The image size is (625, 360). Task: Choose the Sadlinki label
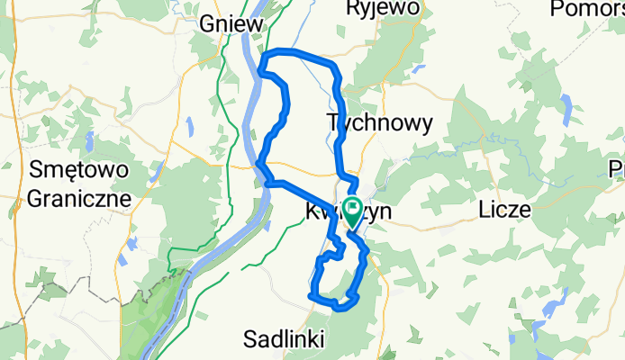(x=287, y=339)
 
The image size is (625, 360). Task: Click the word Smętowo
(x=80, y=169)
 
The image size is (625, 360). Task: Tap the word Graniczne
(x=80, y=197)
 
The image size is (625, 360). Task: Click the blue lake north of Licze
(x=566, y=109)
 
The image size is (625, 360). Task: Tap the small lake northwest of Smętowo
(x=90, y=142)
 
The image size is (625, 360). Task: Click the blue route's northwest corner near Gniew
(x=263, y=61)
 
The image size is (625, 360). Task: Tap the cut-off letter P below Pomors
(x=618, y=168)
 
